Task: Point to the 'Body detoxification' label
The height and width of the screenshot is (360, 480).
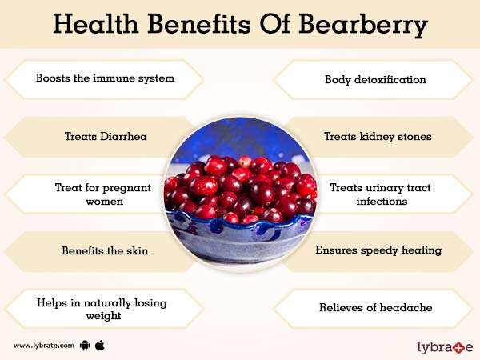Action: pyautogui.click(x=375, y=79)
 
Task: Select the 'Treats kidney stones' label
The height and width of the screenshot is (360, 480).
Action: pyautogui.click(x=378, y=136)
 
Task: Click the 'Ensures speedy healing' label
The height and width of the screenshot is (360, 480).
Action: pyautogui.click(x=378, y=250)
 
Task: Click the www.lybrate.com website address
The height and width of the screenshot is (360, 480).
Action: pyautogui.click(x=44, y=346)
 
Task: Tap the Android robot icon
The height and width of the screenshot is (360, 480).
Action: pyautogui.click(x=85, y=346)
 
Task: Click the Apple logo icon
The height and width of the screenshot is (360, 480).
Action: pyautogui.click(x=101, y=345)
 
